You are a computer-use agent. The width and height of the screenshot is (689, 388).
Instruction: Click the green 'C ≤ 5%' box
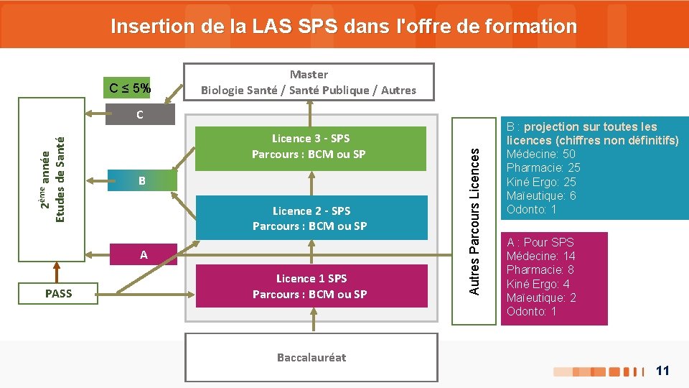(x=130, y=89)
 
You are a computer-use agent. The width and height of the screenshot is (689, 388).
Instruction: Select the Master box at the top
(x=309, y=82)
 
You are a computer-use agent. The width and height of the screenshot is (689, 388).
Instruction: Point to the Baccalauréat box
(x=311, y=357)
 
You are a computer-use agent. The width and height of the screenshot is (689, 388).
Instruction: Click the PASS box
(x=58, y=293)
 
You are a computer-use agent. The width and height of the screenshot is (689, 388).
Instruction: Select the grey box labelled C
(x=139, y=114)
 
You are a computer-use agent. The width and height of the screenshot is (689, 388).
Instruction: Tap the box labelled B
(x=141, y=181)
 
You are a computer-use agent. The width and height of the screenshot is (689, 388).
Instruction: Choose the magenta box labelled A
(x=144, y=254)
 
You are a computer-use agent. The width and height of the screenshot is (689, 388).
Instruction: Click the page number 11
(x=662, y=371)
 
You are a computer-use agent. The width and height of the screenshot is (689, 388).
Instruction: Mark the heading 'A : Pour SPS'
(x=540, y=243)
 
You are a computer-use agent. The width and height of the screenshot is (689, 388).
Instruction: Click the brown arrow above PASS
(x=57, y=271)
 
